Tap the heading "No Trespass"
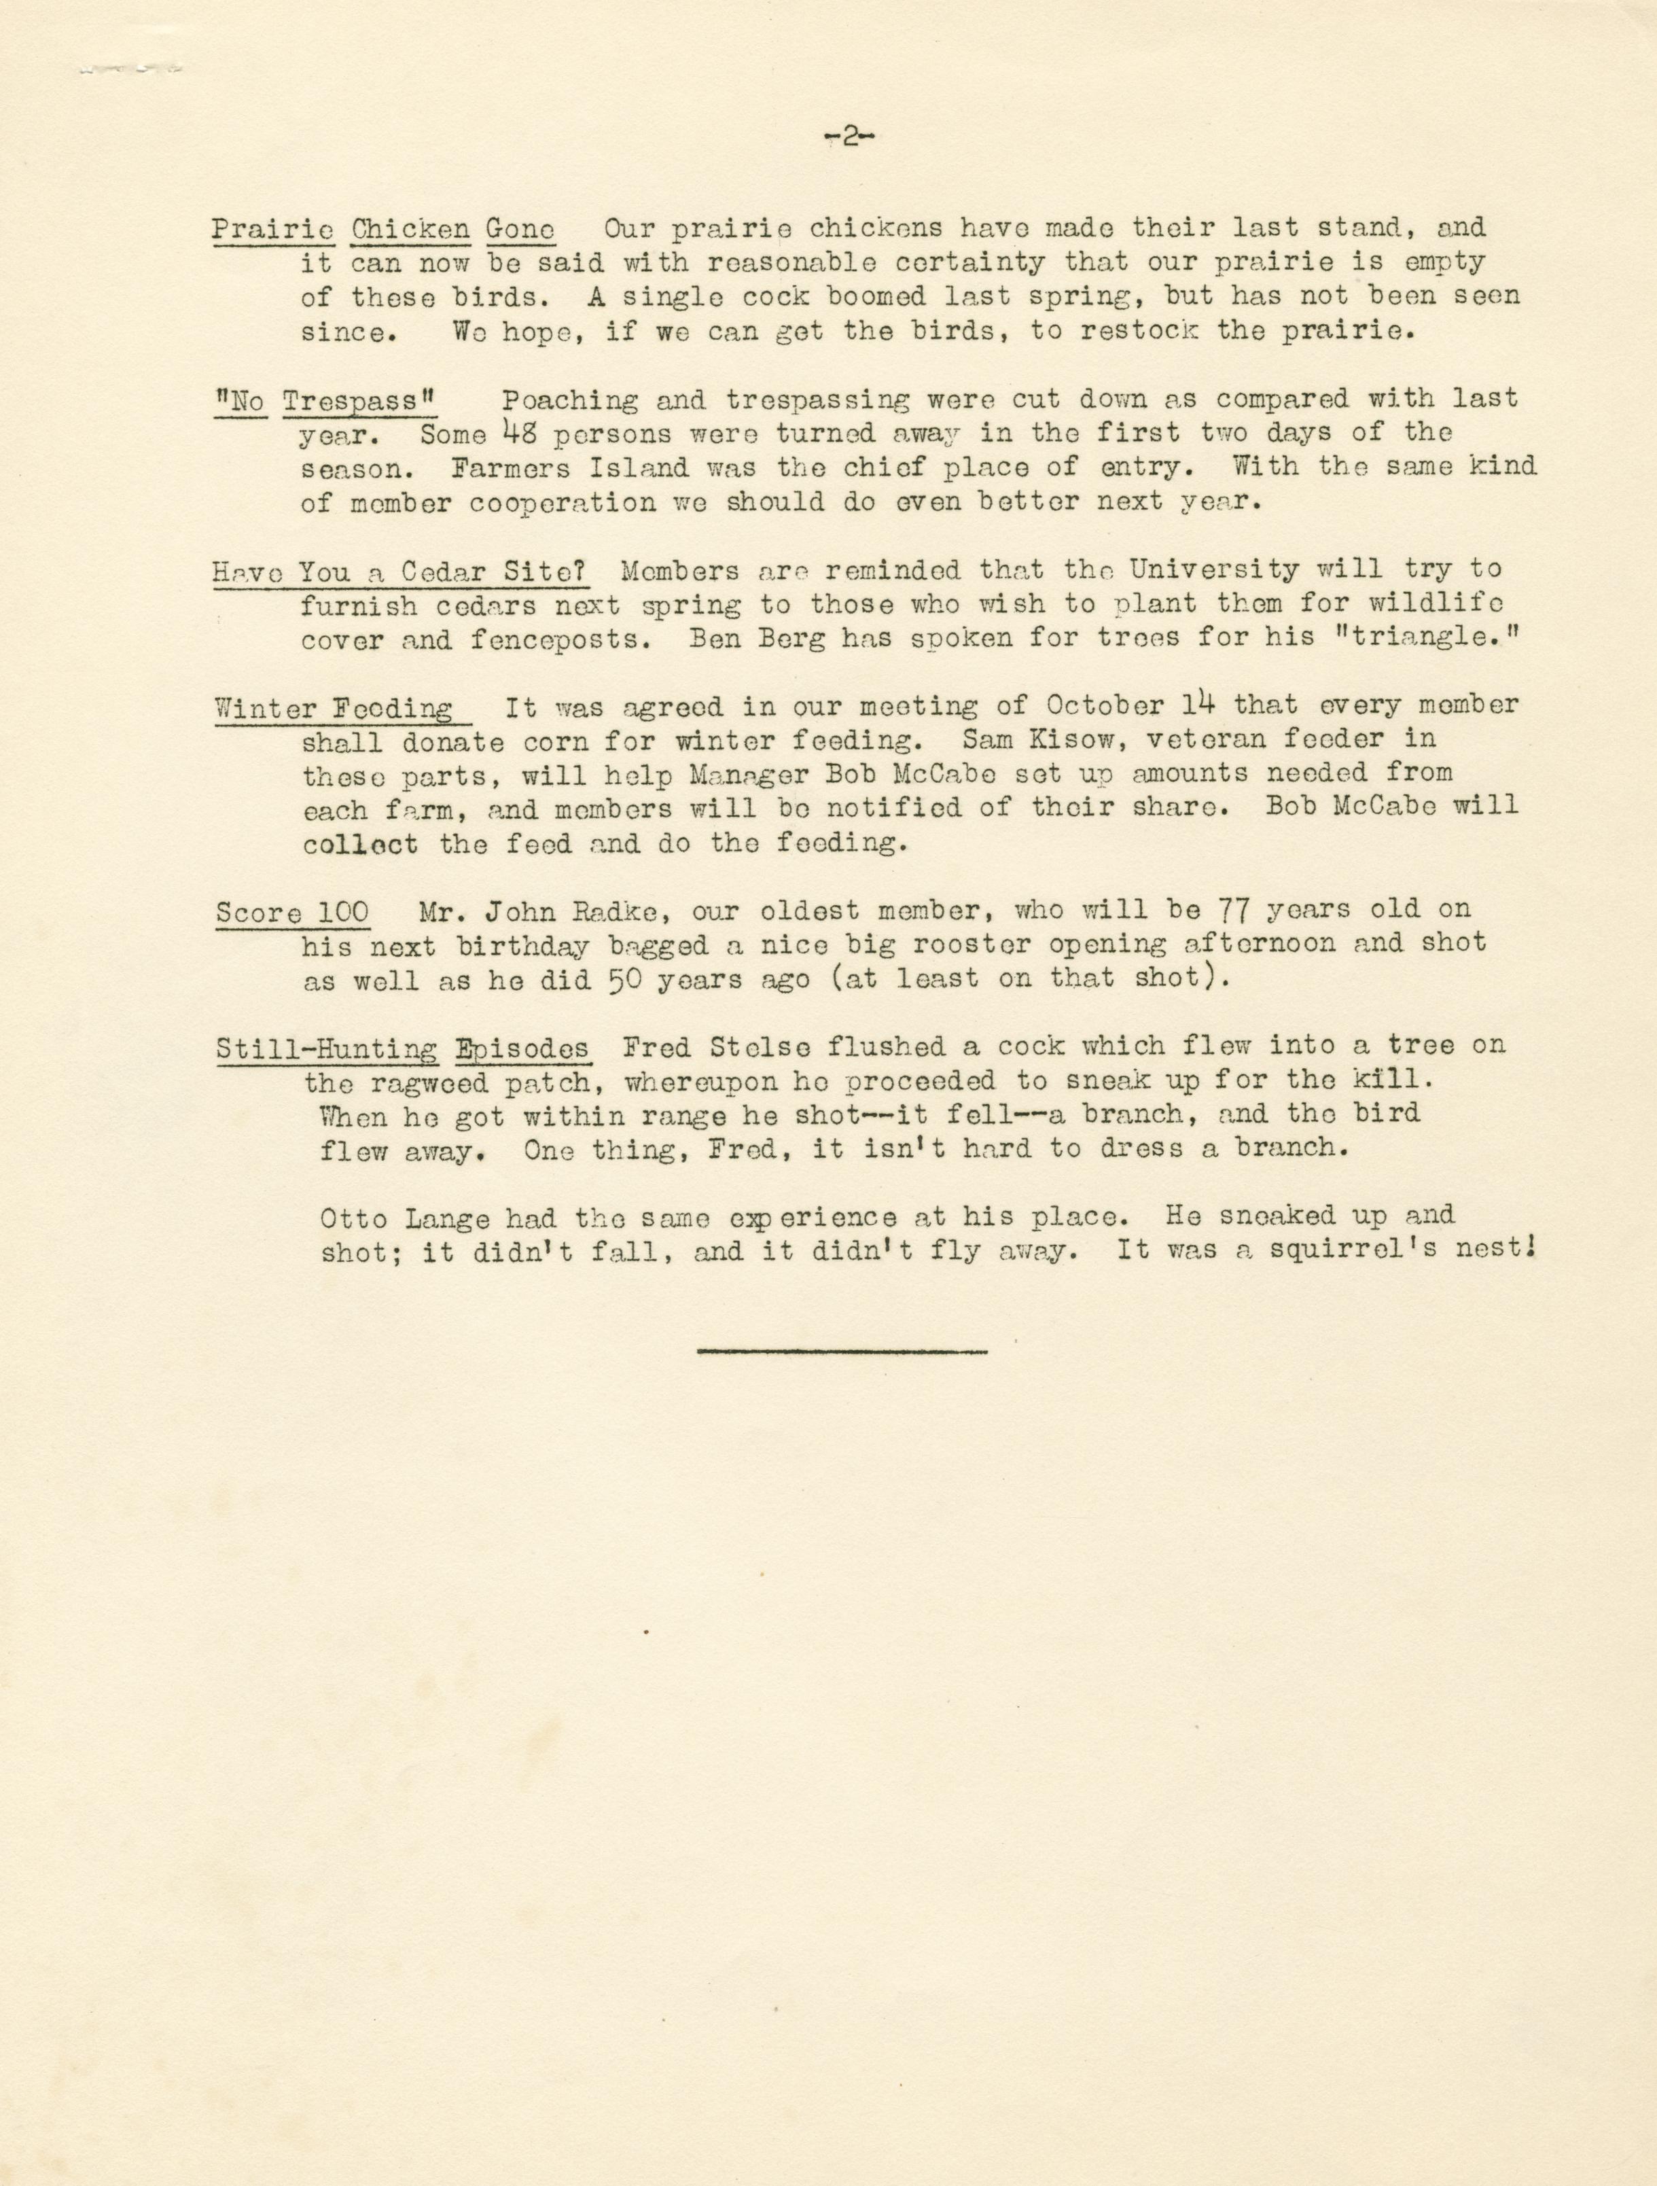click(x=325, y=400)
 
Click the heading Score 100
click(x=292, y=912)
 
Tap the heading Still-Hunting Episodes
click(x=403, y=1048)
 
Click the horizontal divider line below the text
click(x=841, y=1350)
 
